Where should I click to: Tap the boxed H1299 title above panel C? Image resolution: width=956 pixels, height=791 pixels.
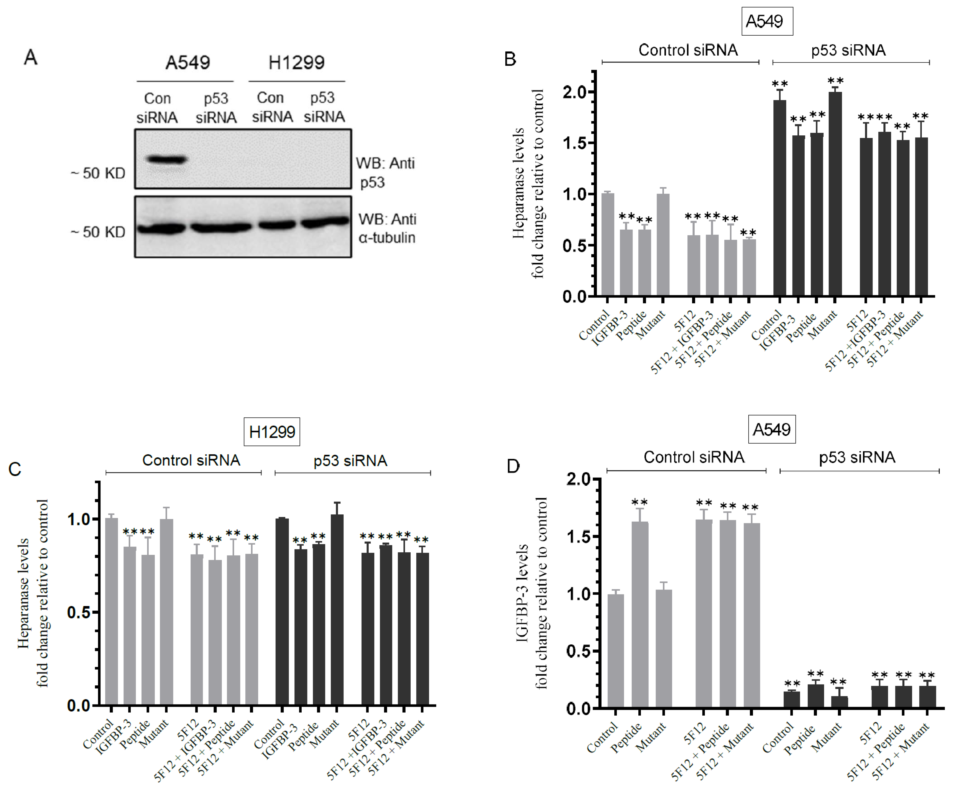coord(272,431)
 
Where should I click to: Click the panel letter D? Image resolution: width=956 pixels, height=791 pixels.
coord(513,466)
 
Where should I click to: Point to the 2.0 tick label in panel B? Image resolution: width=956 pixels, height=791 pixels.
coord(575,92)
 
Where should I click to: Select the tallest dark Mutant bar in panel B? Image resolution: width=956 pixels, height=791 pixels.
coord(835,194)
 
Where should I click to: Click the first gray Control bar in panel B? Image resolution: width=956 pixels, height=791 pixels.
coord(608,245)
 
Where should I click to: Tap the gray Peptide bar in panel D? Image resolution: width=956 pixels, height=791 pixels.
coord(640,615)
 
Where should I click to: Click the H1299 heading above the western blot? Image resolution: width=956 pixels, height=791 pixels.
coord(296,62)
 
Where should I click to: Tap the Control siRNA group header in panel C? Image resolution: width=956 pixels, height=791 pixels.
coord(191,460)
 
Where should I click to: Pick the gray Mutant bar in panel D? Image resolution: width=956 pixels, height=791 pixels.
coord(664,649)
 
